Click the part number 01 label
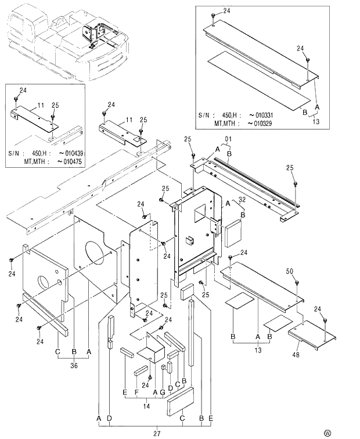click(228, 139)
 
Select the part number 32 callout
click(242, 199)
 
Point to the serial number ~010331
click(260, 115)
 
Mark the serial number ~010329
click(260, 123)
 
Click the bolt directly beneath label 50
click(297, 282)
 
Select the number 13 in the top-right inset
click(315, 122)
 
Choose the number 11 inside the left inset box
click(41, 105)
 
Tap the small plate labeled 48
click(312, 336)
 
